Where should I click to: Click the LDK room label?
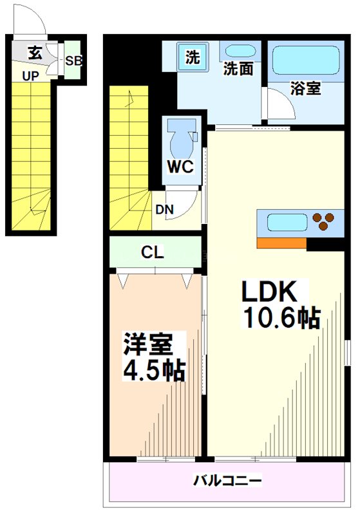click(x=269, y=292)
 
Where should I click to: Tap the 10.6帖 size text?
click(x=281, y=317)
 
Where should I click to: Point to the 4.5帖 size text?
click(x=155, y=371)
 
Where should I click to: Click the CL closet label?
click(x=153, y=253)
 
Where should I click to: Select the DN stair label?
click(x=163, y=209)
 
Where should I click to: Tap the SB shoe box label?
click(x=73, y=62)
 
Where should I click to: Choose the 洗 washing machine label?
click(x=193, y=57)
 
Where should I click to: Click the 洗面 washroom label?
click(x=238, y=69)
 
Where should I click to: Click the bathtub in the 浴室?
click(x=305, y=61)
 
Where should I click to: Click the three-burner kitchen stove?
click(x=323, y=221)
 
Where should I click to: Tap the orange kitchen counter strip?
click(x=281, y=243)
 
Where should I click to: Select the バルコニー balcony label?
click(x=227, y=480)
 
